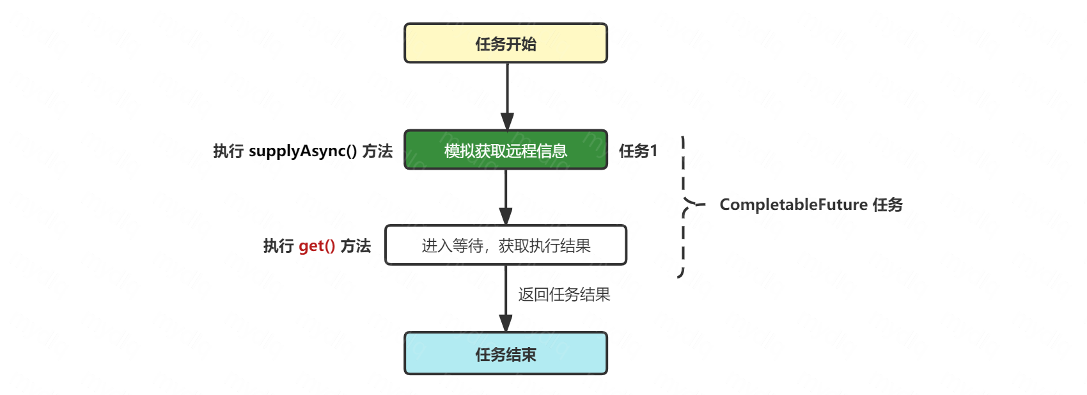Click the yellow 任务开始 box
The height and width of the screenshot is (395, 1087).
click(506, 44)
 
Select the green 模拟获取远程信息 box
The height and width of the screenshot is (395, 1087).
click(506, 150)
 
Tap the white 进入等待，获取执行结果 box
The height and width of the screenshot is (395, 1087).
click(506, 245)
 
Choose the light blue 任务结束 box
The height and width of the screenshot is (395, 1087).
click(506, 353)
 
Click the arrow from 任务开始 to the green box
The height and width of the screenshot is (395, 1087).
click(507, 90)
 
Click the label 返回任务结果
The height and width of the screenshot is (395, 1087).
click(564, 294)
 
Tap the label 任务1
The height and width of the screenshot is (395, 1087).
click(637, 151)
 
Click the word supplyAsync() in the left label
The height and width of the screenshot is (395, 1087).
click(302, 151)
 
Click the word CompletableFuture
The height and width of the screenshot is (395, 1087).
click(794, 205)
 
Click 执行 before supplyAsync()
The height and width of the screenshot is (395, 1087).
click(228, 151)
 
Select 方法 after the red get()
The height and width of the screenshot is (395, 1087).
click(356, 246)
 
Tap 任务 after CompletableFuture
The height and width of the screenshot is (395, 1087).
click(888, 205)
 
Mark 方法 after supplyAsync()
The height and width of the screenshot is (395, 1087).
click(377, 151)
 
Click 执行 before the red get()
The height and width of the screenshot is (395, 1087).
click(278, 246)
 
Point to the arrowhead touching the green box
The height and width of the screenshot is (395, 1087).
click(507, 122)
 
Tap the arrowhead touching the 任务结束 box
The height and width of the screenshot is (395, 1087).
click(506, 323)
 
